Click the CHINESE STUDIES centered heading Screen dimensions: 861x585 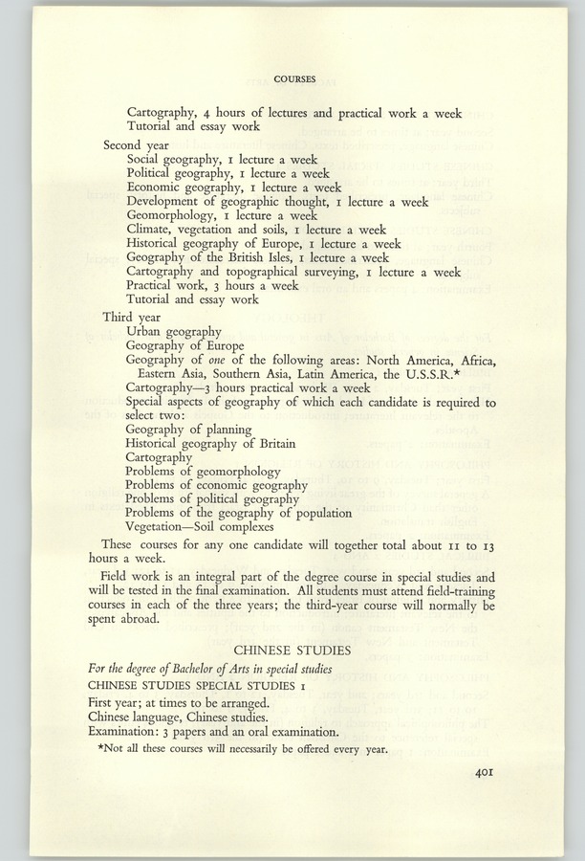coord(292,651)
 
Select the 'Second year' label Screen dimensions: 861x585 coord(135,145)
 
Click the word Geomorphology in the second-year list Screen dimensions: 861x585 coord(176,216)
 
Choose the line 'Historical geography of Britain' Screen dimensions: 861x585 coord(210,444)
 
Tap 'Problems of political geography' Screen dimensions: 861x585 coord(212,499)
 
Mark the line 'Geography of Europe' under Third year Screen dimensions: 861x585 coord(187,345)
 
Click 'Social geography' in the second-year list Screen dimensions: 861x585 coord(175,160)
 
